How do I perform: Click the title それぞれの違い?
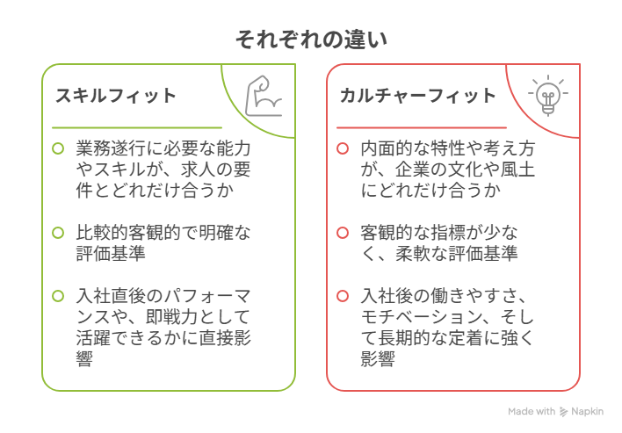[x=311, y=40]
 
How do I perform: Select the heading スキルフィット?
[x=116, y=96]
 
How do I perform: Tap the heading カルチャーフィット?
[x=418, y=96]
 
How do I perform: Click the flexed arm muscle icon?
[x=263, y=96]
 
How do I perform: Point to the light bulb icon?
[x=548, y=95]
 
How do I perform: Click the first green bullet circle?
[x=58, y=148]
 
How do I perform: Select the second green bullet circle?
[x=58, y=233]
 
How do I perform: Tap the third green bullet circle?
[x=58, y=296]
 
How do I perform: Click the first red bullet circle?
[x=343, y=148]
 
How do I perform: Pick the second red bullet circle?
[x=343, y=233]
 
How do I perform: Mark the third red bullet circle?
[x=343, y=296]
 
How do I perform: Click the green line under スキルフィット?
[x=137, y=127]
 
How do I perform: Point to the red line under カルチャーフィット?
[x=422, y=127]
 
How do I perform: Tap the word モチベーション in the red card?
[x=422, y=317]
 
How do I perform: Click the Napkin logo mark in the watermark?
[x=563, y=412]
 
